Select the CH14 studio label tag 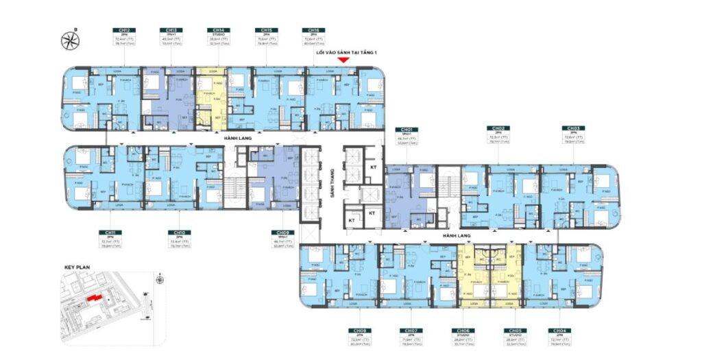(217, 31)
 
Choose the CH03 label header (572, 129)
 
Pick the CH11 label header (108, 232)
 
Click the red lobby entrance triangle (345, 60)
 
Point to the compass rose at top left (69, 39)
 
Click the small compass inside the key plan (158, 279)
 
